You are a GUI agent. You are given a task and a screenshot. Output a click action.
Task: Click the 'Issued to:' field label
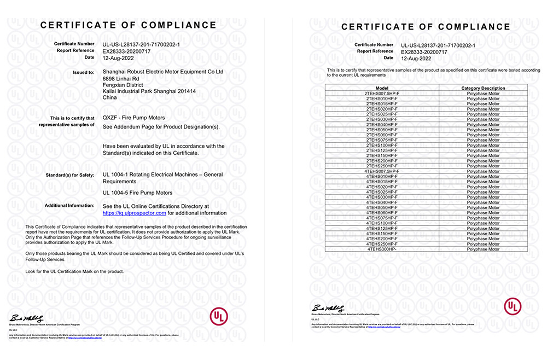point(84,72)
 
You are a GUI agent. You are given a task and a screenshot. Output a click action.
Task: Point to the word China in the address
point(110,98)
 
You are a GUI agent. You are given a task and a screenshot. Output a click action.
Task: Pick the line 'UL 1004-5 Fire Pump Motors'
point(137,193)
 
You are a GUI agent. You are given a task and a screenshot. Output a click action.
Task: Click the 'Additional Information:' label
point(69,206)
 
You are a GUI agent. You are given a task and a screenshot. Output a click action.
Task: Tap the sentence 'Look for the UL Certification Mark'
point(75,271)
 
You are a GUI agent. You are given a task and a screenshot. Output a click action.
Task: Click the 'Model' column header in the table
point(382,88)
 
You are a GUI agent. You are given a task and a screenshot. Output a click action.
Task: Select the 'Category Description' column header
point(483,88)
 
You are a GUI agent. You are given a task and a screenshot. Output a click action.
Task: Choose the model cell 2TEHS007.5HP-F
point(382,93)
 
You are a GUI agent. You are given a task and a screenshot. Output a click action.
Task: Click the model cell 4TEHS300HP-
point(382,249)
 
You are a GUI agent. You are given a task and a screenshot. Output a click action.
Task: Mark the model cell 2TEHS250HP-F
point(382,166)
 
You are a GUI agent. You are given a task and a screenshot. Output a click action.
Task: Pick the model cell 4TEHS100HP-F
point(382,223)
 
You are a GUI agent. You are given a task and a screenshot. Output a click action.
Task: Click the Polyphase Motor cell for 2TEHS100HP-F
point(483,145)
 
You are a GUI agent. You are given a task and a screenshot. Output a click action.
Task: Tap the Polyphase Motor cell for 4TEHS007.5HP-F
point(483,171)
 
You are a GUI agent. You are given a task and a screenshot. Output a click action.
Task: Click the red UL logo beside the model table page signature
point(513,306)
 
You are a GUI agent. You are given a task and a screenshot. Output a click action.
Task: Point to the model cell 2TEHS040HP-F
point(382,124)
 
